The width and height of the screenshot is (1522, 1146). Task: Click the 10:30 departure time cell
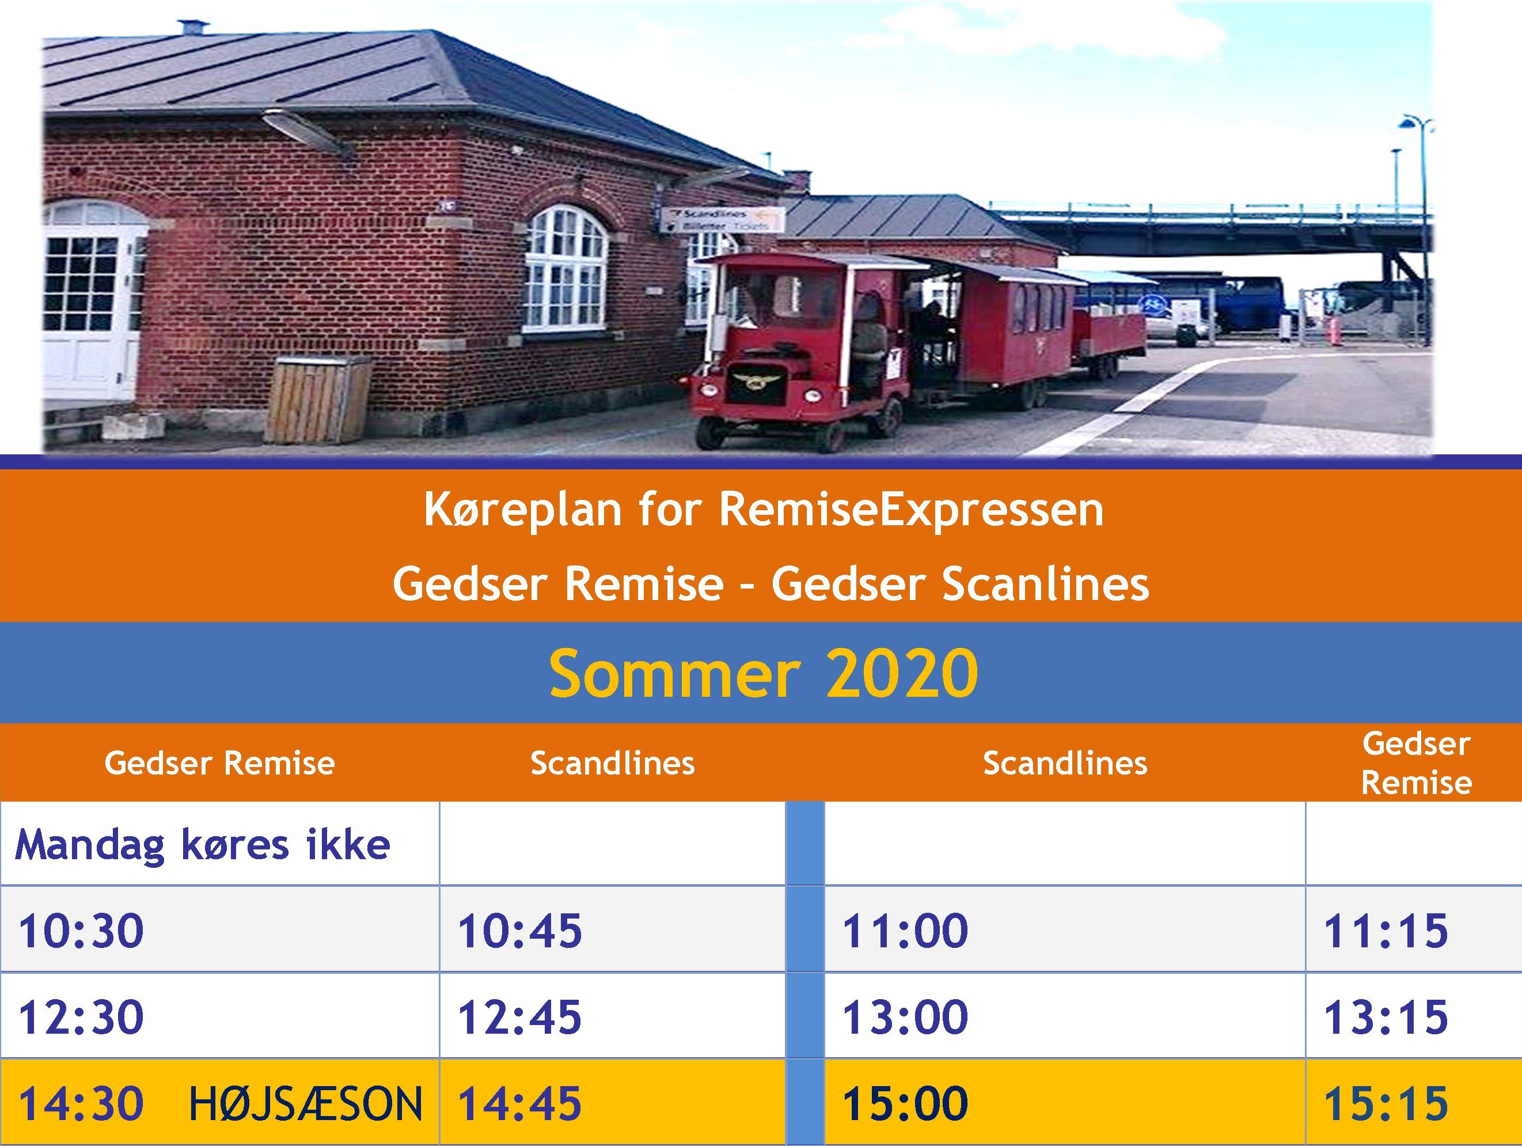81,931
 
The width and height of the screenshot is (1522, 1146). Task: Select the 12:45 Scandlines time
519,1017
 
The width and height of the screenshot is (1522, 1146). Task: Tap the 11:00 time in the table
905,931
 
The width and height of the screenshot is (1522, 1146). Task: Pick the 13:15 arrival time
1386,1017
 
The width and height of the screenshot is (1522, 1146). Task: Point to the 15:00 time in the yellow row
905,1103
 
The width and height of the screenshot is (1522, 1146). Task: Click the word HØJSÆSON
306,1103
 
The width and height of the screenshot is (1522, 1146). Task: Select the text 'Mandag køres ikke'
202,845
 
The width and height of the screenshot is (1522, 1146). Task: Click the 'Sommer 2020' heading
763,673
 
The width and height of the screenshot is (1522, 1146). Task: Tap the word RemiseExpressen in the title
911,511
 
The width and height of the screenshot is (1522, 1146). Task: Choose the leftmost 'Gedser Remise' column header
219,763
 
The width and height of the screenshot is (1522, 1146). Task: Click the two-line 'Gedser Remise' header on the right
1417,762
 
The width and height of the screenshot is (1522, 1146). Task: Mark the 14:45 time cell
519,1103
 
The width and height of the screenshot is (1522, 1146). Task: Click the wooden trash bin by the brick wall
319,399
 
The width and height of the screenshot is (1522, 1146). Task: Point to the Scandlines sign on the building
723,219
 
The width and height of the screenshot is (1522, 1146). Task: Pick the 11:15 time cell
1386,931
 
